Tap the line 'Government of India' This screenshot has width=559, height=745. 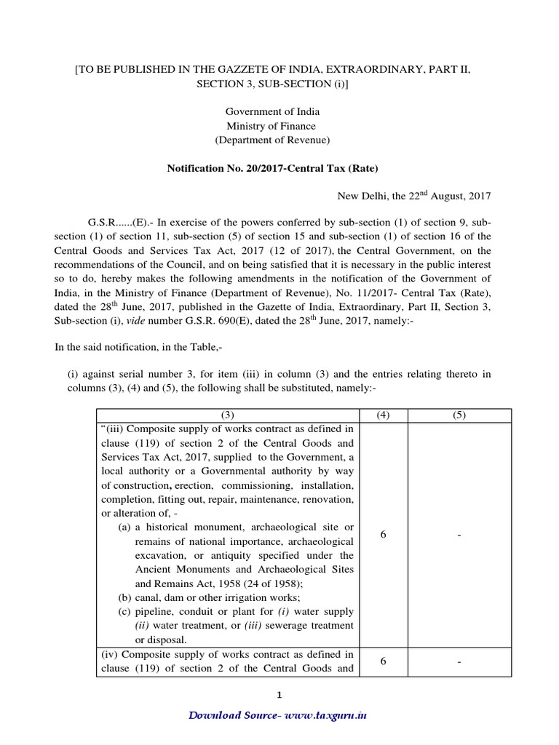coord(272,111)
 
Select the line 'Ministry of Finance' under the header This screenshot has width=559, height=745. coord(272,126)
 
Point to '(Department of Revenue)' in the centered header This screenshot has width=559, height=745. coord(272,140)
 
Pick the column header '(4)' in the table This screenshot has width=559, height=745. coord(383,415)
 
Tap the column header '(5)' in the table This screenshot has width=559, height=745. coord(459,415)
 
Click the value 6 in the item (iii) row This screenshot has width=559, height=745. coord(383,535)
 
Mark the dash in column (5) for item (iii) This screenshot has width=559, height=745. coord(459,535)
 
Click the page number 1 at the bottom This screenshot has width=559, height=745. coord(279,696)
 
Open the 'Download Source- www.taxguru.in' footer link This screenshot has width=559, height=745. coord(278,715)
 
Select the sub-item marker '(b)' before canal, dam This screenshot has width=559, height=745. coord(124,597)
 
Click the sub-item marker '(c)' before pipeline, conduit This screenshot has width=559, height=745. coord(124,611)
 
